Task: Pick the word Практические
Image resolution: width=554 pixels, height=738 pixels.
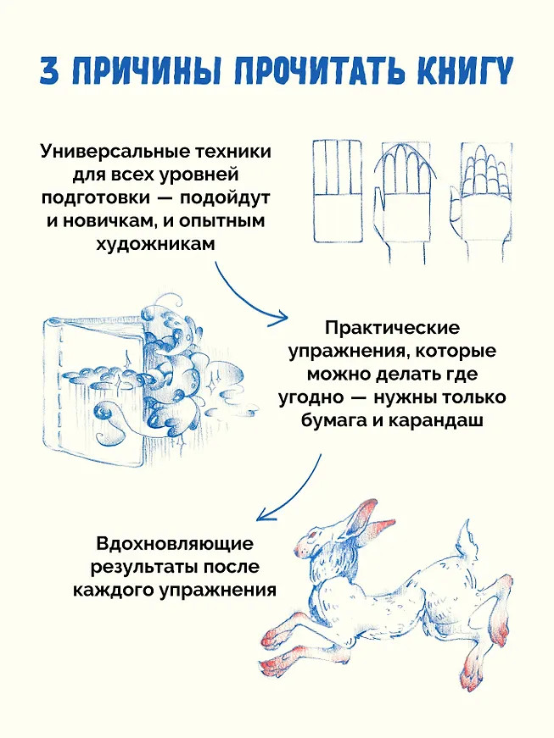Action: tap(391, 327)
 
